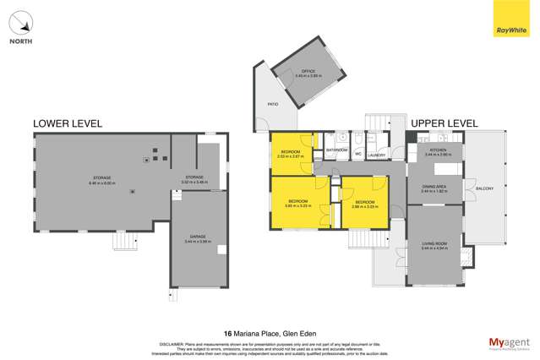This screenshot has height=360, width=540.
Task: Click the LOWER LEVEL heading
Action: (67, 123)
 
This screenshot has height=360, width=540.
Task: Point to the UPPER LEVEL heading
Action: (444, 123)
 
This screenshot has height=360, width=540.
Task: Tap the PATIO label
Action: (273, 104)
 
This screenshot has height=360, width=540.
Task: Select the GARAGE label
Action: (198, 238)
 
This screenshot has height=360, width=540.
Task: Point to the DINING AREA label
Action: (434, 188)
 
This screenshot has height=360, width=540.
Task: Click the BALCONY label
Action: (484, 188)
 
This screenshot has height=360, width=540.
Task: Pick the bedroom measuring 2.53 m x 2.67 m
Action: (291, 154)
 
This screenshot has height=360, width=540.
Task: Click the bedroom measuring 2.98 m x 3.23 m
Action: (365, 204)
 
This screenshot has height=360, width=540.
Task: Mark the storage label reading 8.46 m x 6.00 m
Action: (103, 179)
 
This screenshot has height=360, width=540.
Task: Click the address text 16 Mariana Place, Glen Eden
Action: (270, 333)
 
